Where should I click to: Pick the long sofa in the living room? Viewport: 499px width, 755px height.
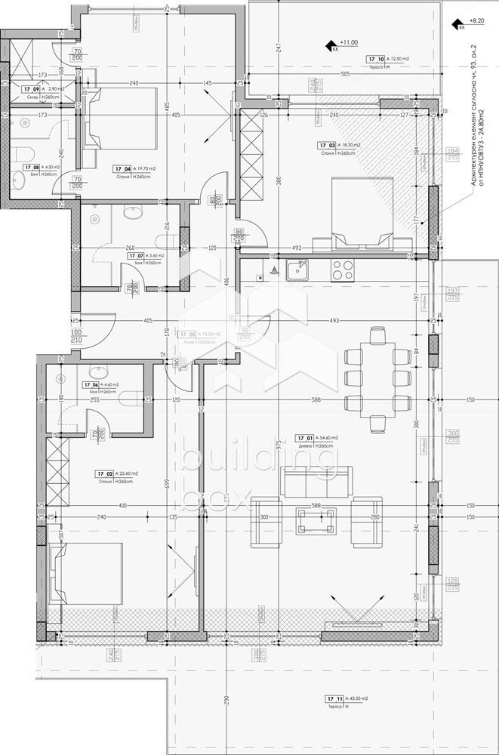[x=316, y=482]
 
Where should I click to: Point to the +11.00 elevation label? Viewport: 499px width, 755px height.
[x=348, y=43]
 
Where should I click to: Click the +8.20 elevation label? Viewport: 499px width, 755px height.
[x=476, y=23]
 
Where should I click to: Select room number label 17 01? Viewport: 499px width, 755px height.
[x=304, y=438]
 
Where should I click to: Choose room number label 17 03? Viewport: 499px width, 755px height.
[x=326, y=145]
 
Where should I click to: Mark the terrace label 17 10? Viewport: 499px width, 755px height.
[x=376, y=59]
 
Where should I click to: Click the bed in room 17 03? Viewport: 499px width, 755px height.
[x=362, y=211]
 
